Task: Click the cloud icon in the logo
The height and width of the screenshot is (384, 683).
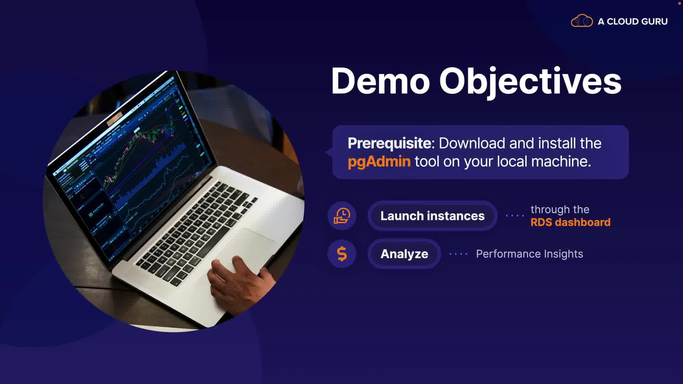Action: pos(582,21)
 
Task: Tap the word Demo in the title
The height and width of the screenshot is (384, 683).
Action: pos(380,81)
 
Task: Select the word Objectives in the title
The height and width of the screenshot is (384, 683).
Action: pos(530,82)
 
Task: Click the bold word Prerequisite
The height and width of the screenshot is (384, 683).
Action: pos(389,143)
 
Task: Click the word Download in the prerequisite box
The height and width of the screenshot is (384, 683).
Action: pos(472,143)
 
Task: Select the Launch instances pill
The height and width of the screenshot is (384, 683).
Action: pos(432,216)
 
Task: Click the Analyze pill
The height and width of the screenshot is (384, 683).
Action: pos(404,254)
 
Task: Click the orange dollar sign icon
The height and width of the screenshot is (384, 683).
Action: pos(342,254)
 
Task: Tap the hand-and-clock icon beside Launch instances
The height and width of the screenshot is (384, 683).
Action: pos(342,216)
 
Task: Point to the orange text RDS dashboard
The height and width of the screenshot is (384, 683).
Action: pos(570,223)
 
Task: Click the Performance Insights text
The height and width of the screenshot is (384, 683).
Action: pos(529,254)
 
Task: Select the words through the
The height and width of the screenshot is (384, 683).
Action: pos(560,210)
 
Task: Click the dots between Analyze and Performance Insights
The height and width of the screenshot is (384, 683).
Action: pos(458,254)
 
